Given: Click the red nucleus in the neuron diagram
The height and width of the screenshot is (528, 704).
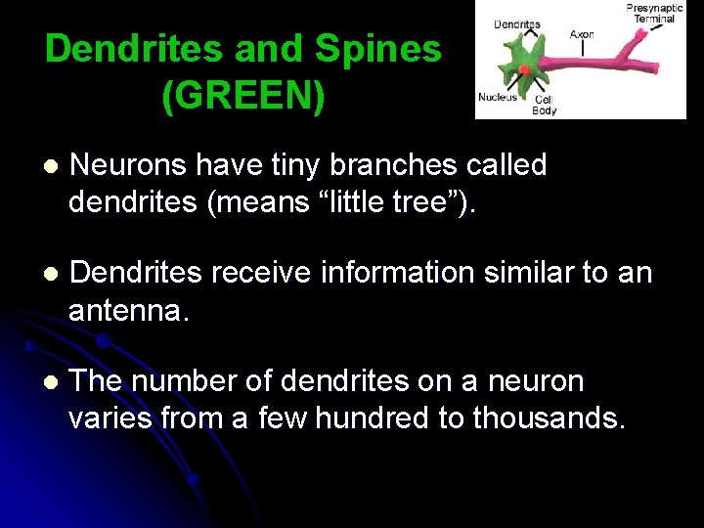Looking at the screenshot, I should pos(525,70).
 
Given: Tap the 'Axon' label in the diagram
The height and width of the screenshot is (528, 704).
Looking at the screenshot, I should pos(582,34).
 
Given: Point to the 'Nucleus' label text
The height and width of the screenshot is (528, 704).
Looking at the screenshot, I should pos(497,97).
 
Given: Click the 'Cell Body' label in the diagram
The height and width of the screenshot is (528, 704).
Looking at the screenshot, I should pos(544,105).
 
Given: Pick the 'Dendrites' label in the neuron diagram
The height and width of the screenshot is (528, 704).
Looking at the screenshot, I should pos(516,23).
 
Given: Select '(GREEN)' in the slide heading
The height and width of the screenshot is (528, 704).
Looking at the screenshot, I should pos(243,96).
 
